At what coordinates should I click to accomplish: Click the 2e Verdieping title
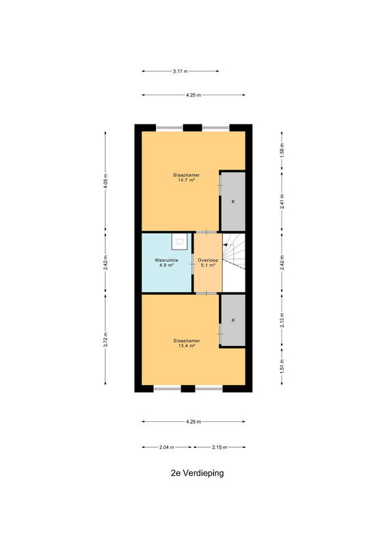[x=197, y=473]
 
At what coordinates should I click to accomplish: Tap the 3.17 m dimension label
[x=180, y=71]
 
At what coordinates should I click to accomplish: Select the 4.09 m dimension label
[x=105, y=181]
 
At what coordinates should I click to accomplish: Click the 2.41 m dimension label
[x=282, y=201]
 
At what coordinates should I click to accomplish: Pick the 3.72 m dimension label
[x=105, y=339]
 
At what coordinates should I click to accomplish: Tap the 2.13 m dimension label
[x=282, y=320]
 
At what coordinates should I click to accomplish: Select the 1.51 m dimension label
[x=282, y=366]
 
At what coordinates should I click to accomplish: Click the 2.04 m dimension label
[x=166, y=447]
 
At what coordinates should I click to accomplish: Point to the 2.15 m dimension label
[x=219, y=447]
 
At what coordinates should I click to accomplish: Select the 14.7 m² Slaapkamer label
[x=187, y=178]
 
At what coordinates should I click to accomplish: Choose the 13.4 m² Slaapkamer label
[x=187, y=343]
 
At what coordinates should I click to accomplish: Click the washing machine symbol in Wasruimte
[x=180, y=241]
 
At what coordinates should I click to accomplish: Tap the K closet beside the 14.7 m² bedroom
[x=233, y=201]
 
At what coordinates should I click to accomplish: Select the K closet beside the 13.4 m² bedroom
[x=233, y=320]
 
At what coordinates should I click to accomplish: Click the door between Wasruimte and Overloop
[x=193, y=264]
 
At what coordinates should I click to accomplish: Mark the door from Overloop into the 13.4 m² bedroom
[x=206, y=293]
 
